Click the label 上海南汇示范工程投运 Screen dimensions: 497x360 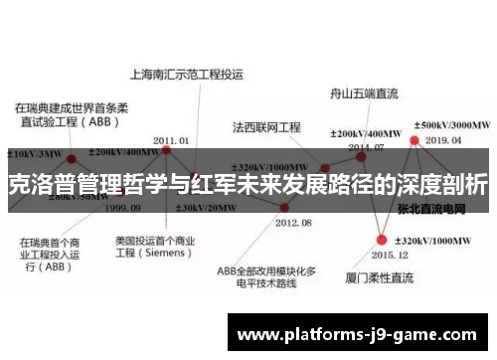tap(188, 74)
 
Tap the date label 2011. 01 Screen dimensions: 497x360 tap(172, 140)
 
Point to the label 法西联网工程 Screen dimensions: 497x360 tap(266, 128)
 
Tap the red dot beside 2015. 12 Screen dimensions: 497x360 tap(383, 239)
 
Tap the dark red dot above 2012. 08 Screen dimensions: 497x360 tap(285, 207)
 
